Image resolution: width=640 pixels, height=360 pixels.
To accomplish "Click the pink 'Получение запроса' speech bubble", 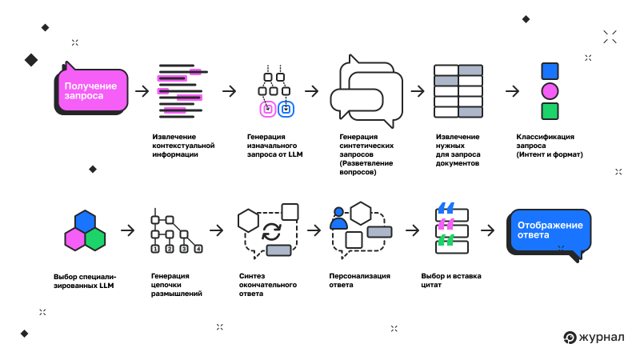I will click(91, 90).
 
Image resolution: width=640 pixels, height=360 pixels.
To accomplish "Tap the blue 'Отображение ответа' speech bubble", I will click(550, 231).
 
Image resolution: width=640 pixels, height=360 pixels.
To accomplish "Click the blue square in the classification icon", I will click(550, 70).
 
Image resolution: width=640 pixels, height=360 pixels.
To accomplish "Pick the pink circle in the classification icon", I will click(550, 90).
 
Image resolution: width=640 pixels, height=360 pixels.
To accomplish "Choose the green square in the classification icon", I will click(550, 110).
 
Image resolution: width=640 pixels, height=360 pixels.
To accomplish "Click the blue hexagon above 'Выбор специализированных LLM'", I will click(85, 222).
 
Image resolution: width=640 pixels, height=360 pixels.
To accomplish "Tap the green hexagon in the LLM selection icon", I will click(95, 238).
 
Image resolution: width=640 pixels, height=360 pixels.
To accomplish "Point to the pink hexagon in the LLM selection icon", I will click(75, 238).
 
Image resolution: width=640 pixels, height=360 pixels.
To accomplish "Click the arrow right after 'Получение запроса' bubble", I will click(142, 90).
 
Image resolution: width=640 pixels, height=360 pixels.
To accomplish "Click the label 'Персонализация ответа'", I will click(359, 280).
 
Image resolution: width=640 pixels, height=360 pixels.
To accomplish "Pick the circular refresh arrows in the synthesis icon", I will click(272, 232).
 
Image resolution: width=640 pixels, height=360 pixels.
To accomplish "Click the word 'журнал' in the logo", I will click(604, 338).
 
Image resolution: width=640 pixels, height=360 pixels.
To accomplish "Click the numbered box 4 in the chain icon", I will click(198, 249).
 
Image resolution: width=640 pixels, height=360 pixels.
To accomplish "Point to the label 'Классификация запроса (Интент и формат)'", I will click(550, 146).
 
